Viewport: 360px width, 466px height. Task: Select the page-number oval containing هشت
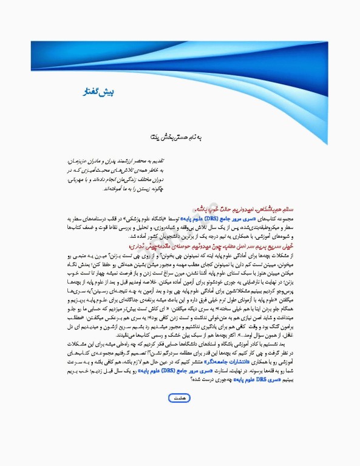(179, 397)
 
